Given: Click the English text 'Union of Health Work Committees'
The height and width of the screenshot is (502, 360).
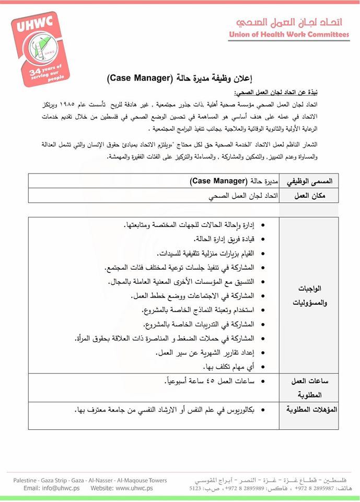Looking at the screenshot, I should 289,35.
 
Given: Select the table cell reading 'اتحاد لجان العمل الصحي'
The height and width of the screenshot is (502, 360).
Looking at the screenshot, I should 240,197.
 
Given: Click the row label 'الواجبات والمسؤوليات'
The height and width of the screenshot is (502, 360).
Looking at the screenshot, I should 310,295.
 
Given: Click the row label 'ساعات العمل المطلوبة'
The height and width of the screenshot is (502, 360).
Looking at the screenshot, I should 310,389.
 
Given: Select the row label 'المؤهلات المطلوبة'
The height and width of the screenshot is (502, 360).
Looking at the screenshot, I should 310,409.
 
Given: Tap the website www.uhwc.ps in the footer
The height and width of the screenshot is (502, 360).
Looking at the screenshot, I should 134,488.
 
